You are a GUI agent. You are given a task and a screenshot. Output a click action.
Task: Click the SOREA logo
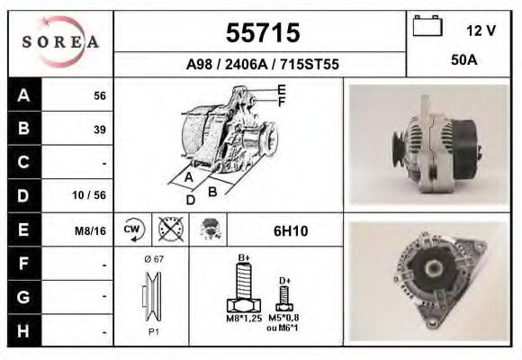[60, 43]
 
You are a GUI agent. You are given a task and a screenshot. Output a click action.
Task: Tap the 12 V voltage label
[481, 31]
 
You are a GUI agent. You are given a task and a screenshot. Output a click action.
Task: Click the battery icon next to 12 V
[426, 27]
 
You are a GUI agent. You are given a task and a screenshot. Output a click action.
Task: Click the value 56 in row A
[100, 96]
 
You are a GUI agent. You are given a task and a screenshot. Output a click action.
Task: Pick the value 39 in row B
[100, 130]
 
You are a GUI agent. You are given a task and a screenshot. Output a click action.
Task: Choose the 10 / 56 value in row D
[94, 195]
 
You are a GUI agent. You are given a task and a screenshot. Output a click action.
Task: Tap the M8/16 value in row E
[91, 230]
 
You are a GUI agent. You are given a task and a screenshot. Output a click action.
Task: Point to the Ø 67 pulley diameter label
[153, 259]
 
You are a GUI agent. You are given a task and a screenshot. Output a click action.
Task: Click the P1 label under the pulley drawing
[153, 330]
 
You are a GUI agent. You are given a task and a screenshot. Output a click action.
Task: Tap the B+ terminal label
[244, 257]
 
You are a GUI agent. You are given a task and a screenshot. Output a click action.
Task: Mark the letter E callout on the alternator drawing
[281, 89]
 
